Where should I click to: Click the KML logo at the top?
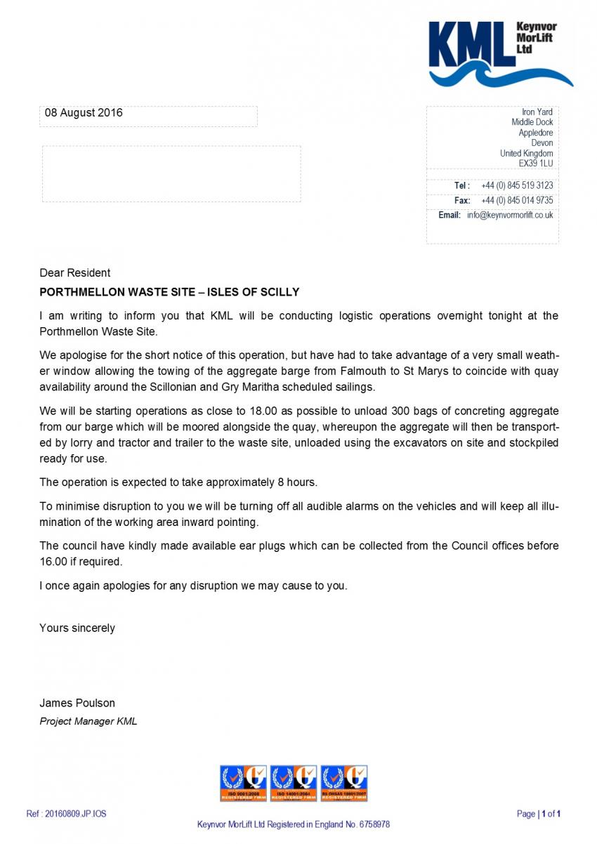click(x=500, y=53)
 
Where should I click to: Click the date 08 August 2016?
click(x=84, y=112)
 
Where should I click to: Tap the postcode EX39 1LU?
click(x=535, y=164)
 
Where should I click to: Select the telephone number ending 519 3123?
click(x=517, y=185)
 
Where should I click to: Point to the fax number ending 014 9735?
click(x=517, y=200)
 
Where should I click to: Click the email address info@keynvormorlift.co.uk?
click(x=510, y=215)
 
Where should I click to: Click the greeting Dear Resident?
click(x=74, y=272)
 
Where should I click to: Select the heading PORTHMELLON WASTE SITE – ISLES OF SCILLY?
click(x=169, y=292)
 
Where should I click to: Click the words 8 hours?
click(x=298, y=482)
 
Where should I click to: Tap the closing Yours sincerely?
click(x=77, y=628)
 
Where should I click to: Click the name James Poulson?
click(x=77, y=703)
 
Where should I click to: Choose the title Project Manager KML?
click(x=88, y=721)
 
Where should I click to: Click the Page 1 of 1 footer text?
click(x=539, y=814)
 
